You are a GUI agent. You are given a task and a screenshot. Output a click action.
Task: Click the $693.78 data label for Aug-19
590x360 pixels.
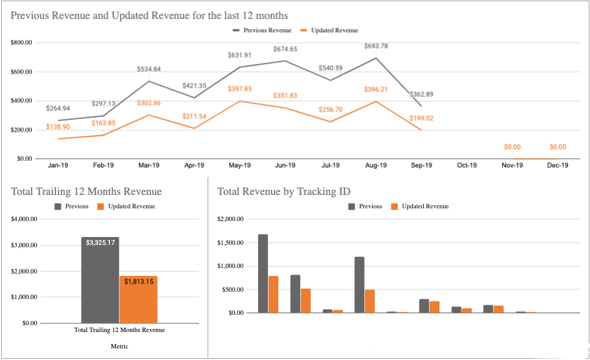[376, 46]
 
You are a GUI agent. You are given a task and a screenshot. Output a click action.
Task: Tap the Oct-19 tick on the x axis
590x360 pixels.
[467, 165]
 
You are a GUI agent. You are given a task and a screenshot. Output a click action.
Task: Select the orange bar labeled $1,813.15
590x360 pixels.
[138, 299]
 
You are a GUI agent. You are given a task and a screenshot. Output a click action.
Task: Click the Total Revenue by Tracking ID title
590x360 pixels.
[284, 191]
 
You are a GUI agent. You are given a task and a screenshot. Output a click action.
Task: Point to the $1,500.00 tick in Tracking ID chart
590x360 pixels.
[231, 242]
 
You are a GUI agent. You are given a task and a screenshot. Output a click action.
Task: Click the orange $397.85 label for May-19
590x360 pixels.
[239, 89]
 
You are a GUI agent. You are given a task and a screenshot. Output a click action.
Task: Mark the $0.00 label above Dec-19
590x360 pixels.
[557, 147]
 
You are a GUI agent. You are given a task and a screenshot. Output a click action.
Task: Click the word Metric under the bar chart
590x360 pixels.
[119, 346]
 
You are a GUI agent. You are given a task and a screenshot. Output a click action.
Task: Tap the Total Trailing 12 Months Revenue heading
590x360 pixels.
[86, 191]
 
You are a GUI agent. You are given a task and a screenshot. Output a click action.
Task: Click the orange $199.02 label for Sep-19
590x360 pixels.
[421, 118]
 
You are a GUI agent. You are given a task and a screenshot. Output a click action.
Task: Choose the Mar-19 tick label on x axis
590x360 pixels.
[149, 165]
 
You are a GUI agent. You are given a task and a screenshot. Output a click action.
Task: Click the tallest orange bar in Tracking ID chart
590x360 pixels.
[273, 294]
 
